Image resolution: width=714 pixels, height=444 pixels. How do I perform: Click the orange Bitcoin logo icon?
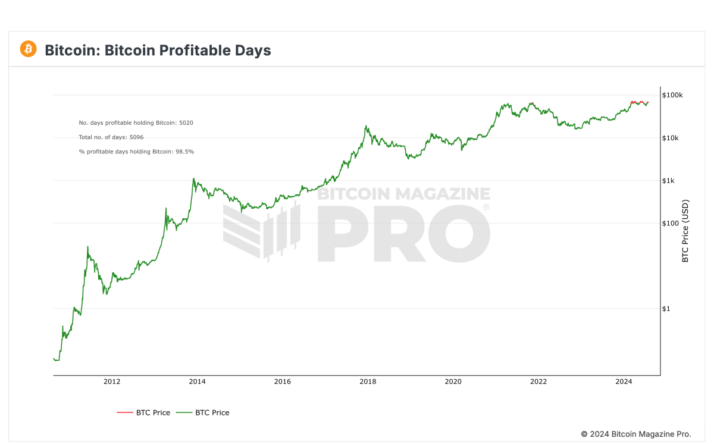(28, 49)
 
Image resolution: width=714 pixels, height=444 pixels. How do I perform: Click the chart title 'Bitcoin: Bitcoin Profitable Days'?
(158, 51)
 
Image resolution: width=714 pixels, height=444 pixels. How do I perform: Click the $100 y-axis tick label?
(671, 223)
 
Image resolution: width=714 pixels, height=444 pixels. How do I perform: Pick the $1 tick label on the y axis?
(668, 308)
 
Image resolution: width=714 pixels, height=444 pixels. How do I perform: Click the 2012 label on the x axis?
(112, 382)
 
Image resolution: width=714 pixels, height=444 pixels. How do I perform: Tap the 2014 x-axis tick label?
(197, 382)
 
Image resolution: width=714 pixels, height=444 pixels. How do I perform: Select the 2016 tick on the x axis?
(283, 382)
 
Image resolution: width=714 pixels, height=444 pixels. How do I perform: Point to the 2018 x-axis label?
(368, 382)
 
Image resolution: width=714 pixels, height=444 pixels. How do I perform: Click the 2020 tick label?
(453, 382)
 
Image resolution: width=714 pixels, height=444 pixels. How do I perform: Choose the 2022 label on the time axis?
(538, 382)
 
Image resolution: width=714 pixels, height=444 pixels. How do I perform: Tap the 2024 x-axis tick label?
(624, 382)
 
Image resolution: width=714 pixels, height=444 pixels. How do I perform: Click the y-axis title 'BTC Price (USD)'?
(685, 231)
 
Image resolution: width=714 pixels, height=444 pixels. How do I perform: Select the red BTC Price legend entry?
(143, 412)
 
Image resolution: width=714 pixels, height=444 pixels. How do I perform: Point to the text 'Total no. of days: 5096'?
(111, 137)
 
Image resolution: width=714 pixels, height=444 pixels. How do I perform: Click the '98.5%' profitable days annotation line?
(136, 152)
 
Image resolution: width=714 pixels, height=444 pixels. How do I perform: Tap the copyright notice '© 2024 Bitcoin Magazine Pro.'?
(636, 434)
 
